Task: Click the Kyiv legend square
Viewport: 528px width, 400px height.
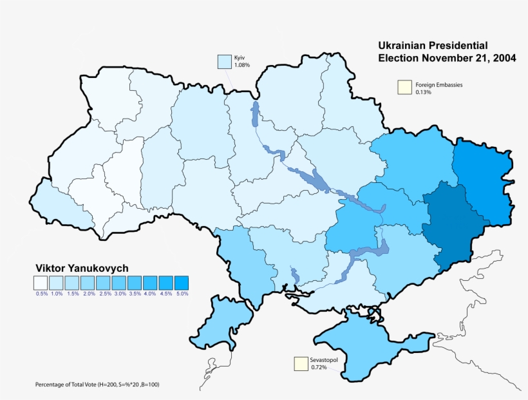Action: tap(224, 61)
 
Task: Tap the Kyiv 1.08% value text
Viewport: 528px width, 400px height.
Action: tap(242, 66)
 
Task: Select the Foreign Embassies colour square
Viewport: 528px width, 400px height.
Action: tap(404, 88)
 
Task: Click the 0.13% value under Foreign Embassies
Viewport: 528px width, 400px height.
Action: tap(423, 92)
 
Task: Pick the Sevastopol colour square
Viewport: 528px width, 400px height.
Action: tap(301, 364)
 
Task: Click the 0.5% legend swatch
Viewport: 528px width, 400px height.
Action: tap(41, 282)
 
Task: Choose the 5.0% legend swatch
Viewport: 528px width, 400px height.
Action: tap(182, 282)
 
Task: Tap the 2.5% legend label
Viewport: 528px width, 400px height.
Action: tap(104, 294)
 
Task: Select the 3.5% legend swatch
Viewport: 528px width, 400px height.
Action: tap(135, 282)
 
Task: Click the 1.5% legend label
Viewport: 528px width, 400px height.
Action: tap(73, 294)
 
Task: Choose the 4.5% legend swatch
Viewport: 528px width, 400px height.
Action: tap(166, 282)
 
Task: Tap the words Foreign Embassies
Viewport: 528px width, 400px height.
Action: tap(438, 84)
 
